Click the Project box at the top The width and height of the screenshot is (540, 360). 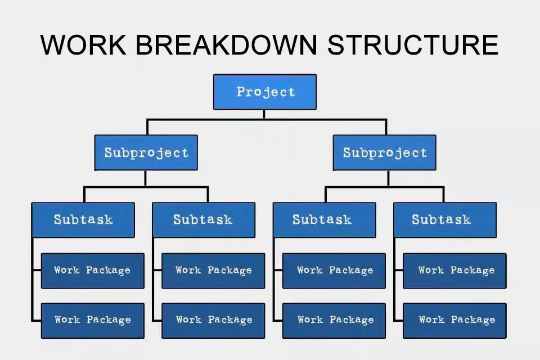click(x=264, y=92)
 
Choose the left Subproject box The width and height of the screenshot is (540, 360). click(x=146, y=152)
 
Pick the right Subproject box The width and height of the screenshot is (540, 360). click(x=384, y=152)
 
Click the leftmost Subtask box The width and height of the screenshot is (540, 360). click(x=83, y=219)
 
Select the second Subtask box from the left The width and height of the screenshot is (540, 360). click(x=203, y=219)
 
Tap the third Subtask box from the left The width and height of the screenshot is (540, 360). click(x=324, y=219)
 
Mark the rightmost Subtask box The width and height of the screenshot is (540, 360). click(x=444, y=219)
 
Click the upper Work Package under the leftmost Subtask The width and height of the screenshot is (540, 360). click(x=92, y=271)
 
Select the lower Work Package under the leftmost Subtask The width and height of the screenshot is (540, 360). click(x=92, y=320)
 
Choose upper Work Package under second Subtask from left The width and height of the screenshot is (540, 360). click(x=213, y=271)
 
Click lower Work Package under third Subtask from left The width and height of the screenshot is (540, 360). click(x=334, y=320)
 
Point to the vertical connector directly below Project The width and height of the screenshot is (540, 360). click(x=264, y=114)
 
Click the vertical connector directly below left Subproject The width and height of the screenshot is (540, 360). click(x=145, y=178)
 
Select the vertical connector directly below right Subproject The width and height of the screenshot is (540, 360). click(x=388, y=178)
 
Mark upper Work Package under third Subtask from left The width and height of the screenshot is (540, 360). click(x=334, y=271)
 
